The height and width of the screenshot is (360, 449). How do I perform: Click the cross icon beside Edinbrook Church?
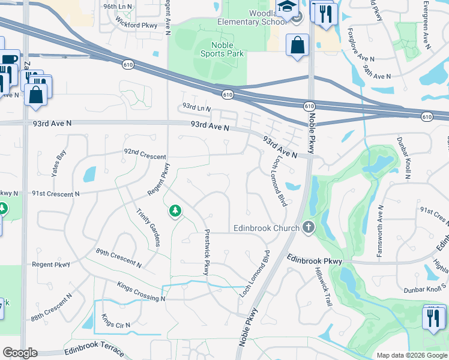click(309, 227)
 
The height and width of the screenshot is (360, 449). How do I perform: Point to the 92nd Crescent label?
click(145, 156)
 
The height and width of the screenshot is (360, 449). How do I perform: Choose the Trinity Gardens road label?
click(148, 227)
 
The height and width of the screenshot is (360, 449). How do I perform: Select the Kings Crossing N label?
click(141, 291)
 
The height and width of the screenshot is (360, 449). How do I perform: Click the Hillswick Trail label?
click(322, 287)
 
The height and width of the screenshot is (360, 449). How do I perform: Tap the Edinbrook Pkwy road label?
click(315, 260)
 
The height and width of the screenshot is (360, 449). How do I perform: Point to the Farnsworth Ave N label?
click(380, 231)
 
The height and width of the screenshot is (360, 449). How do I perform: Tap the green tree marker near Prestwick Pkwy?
click(175, 211)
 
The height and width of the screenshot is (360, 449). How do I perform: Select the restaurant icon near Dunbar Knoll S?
click(433, 318)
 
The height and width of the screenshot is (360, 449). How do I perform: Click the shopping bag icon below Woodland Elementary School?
click(298, 46)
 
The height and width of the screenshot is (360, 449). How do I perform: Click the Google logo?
click(20, 353)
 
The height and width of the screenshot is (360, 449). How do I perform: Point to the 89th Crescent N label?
click(118, 257)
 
